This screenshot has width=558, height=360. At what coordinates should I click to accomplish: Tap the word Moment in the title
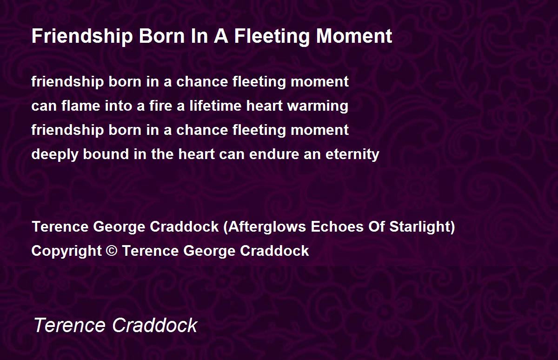pyautogui.click(x=354, y=36)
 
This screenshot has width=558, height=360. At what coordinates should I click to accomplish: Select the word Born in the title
pyautogui.click(x=162, y=36)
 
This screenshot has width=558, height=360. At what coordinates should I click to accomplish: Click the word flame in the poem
pyautogui.click(x=81, y=106)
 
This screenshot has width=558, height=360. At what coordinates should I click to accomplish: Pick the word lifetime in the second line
pyautogui.click(x=215, y=106)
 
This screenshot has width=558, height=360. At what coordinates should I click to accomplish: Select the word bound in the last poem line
pyautogui.click(x=106, y=154)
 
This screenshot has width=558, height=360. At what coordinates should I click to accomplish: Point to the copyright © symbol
pyautogui.click(x=112, y=251)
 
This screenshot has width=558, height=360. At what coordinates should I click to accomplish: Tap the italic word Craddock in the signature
pyautogui.click(x=155, y=325)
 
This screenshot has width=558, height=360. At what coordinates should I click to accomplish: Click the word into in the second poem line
pyautogui.click(x=118, y=106)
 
